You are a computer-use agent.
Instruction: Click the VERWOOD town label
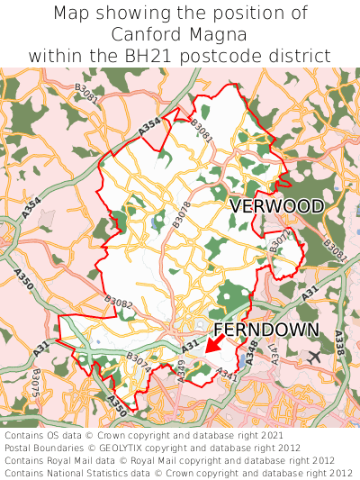tap(276, 206)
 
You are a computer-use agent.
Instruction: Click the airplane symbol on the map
tap(314, 357)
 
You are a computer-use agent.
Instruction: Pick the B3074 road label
tap(139, 363)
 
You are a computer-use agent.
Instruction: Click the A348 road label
tap(251, 350)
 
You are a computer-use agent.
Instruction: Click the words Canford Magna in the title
tap(180, 34)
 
